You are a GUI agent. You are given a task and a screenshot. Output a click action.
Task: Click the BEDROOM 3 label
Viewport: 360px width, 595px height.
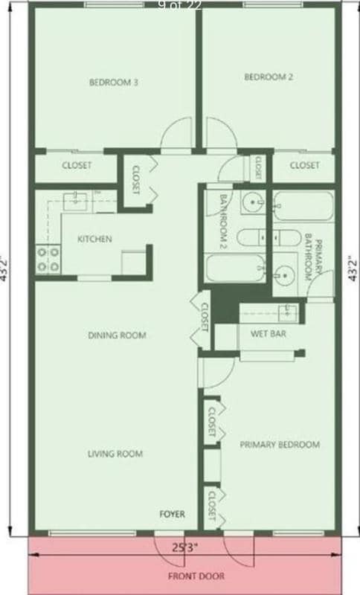pos(114,83)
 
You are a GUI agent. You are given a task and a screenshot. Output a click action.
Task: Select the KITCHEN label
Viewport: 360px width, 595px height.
pos(95,239)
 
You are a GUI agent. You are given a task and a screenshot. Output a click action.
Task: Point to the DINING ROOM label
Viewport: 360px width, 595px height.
pos(117,335)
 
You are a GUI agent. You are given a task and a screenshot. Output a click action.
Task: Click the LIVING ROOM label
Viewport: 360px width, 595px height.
pos(115,454)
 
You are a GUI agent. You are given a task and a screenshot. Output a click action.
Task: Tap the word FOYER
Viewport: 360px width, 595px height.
pos(173,514)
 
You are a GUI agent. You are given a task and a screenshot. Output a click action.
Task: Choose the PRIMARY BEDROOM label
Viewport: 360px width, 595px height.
pos(280,445)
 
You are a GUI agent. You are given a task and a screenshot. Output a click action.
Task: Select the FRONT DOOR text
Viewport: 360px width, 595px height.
pos(196,576)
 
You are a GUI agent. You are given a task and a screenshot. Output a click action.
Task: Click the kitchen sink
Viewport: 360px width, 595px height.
pos(76,199)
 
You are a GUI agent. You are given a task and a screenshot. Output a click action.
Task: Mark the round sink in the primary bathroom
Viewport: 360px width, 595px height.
pos(283,274)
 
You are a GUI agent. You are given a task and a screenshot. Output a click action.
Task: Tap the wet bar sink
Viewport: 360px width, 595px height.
pos(286,311)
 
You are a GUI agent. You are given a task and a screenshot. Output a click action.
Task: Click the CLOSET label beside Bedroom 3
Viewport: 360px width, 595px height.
pos(77,165)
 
